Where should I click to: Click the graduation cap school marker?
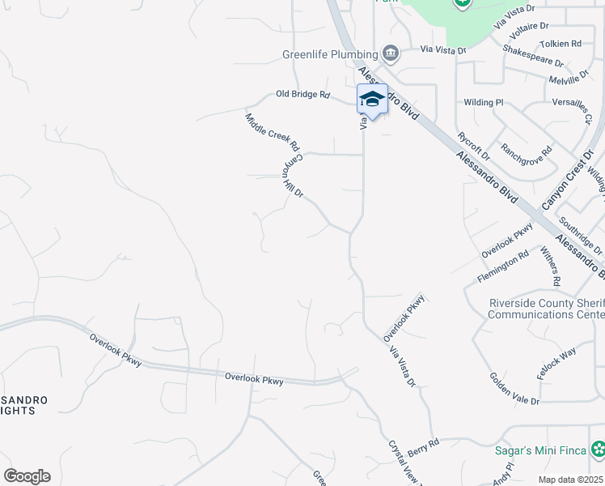372,100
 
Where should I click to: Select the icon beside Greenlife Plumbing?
391,54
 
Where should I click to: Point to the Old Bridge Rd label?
303,95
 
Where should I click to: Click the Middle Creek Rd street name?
273,133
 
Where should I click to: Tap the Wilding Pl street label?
484,103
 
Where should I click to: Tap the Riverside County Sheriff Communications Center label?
548,309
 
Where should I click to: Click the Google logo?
27,476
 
